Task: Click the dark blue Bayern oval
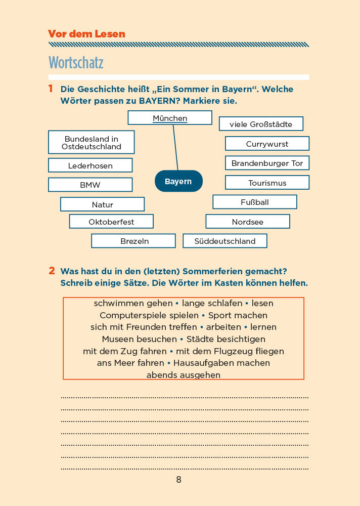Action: point(178,181)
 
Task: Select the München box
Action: point(170,118)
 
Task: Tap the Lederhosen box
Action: point(91,165)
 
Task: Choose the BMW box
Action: point(91,185)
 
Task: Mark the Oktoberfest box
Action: point(111,222)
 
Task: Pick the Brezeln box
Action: point(133,241)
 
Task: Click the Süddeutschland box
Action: point(225,241)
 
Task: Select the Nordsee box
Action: point(248,222)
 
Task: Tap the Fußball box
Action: point(255,202)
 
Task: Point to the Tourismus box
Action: point(267,183)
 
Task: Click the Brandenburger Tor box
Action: point(267,163)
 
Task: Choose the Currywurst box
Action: point(267,144)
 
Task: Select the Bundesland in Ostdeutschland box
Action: point(92,142)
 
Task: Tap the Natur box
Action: point(103,204)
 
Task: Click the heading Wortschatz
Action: point(76,63)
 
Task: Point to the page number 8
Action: point(178,480)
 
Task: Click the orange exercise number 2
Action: point(52,271)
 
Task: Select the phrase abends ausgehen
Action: point(184,375)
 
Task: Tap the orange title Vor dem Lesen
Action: point(86,34)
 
